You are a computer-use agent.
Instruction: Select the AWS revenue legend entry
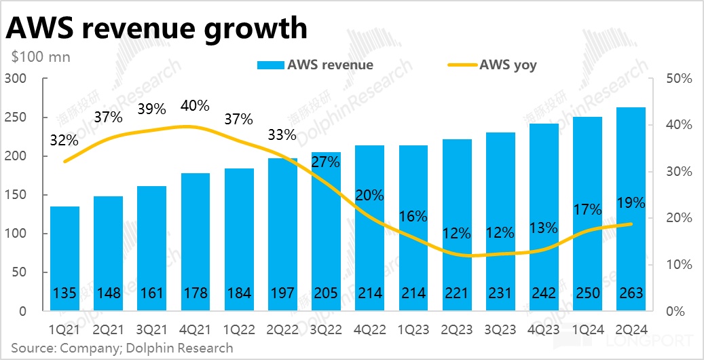tap(315, 65)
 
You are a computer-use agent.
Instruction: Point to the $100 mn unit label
tap(40, 58)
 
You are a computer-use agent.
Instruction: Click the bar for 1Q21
tap(65, 258)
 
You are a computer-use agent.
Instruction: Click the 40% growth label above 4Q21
tap(196, 106)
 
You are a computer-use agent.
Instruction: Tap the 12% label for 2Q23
tap(456, 234)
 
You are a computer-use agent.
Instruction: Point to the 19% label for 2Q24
tap(631, 202)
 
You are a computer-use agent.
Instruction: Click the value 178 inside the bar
tap(196, 293)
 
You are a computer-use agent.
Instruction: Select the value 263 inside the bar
tap(631, 293)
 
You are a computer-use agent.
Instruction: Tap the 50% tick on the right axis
tap(678, 79)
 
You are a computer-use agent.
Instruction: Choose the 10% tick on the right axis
tap(678, 265)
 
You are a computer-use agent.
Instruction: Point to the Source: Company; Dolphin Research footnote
tap(122, 348)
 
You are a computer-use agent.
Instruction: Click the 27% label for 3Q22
tap(325, 162)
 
